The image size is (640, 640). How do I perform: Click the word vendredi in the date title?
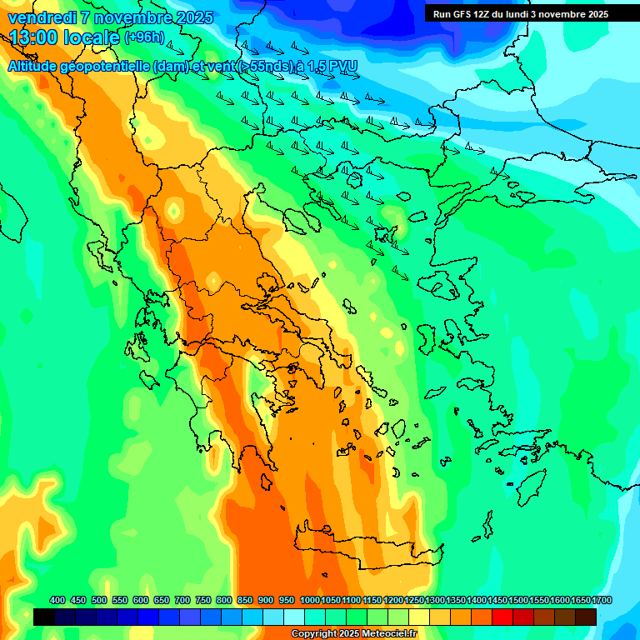pos(41,17)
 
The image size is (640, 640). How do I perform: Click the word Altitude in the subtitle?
pos(37,67)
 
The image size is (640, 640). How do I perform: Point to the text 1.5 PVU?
pos(330,67)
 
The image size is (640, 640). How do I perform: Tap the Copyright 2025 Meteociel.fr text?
pos(353,633)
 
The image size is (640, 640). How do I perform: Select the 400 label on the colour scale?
pos(57,600)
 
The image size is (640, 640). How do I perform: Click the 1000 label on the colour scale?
pos(309,600)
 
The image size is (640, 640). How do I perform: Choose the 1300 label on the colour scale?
pos(435,600)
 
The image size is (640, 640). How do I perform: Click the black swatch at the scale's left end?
pos(44,617)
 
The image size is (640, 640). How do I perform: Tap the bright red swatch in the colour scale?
pos(502,617)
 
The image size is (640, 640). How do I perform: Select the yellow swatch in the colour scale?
pos(419,617)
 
